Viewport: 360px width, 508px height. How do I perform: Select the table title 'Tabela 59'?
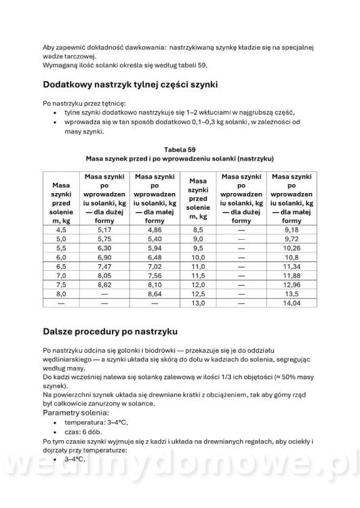tap(180, 148)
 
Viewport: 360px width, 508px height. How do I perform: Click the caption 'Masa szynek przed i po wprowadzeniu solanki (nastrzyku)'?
tap(180, 158)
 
